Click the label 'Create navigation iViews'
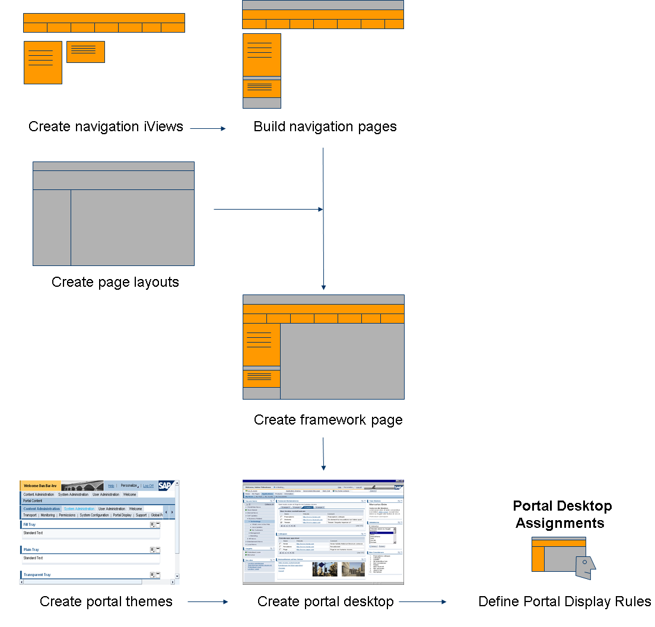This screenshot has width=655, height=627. pos(106,126)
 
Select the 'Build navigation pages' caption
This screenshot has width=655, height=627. pos(325,126)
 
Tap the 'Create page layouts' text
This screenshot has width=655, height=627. pos(115,282)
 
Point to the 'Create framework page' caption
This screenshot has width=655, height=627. pos(328,420)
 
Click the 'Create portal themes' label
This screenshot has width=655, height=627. pos(106,601)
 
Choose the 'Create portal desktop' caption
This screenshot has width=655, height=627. pos(325,601)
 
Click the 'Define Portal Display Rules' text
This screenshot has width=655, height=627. pos(564,601)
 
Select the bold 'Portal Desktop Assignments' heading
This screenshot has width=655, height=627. pos(562,514)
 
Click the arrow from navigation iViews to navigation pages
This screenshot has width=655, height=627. pos(208,128)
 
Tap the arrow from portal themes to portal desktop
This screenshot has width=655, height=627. pos(208,601)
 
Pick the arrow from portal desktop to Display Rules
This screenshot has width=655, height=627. pos(422,601)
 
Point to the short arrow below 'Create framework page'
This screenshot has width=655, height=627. pos(323,454)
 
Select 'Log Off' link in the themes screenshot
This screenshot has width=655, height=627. pos(148,486)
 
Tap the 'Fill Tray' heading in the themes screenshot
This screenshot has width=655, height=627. pos(29,525)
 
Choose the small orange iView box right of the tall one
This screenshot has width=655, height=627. pos(85,52)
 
